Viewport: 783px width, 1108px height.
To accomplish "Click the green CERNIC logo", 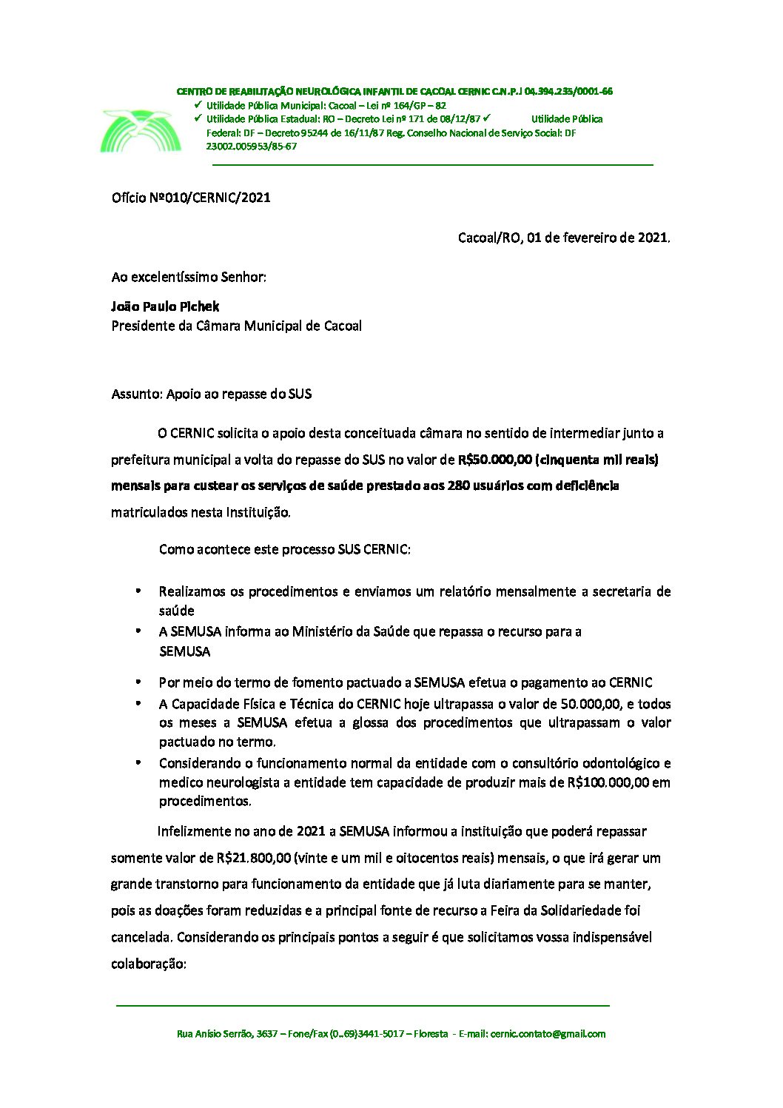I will coord(140,131).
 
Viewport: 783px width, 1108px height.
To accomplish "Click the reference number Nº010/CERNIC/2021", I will coord(210,198).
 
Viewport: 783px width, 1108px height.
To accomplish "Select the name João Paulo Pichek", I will coord(165,306).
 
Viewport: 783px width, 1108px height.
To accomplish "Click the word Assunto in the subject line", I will coord(136,394).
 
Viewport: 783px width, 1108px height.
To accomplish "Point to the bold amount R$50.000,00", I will coord(494,460).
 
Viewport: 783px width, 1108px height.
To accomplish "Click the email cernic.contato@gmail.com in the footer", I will coord(547,1034).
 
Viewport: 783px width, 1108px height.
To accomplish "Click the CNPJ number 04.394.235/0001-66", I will coord(568,92).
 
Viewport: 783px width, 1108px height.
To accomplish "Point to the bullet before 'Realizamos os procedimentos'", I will coord(138,591).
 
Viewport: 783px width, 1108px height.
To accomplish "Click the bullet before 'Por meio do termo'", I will coord(138,682).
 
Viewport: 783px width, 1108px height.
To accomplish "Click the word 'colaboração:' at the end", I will coord(148,964).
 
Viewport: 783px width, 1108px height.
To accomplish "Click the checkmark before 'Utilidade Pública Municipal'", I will coord(198,105).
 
